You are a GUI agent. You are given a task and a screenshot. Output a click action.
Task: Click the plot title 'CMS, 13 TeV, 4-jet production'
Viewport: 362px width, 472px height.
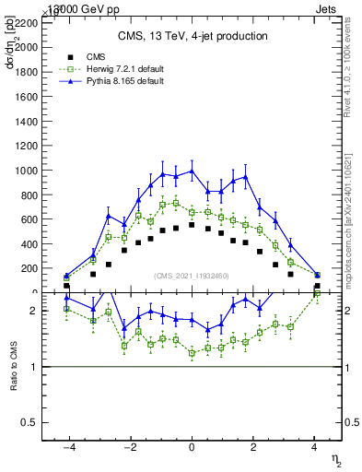[x=193, y=36]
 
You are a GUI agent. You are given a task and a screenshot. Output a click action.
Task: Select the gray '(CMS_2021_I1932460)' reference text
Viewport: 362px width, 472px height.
[x=193, y=276]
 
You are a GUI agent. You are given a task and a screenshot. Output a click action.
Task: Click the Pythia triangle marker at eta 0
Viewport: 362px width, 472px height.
[x=192, y=171]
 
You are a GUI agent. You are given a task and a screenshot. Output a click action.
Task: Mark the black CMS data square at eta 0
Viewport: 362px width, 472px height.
[x=192, y=225]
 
